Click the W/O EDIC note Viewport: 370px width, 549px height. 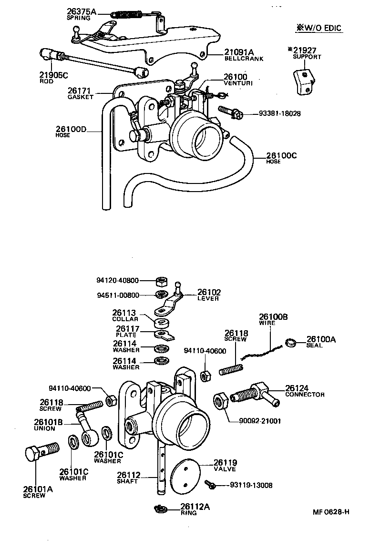319,28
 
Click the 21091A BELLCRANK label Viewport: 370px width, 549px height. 243,55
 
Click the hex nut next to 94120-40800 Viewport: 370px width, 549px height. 161,281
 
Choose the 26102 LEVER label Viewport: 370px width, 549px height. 209,295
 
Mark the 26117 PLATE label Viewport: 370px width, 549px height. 126,331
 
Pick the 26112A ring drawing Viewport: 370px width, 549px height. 161,509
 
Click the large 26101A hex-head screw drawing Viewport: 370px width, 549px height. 40,450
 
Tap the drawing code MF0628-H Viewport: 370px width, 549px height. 331,512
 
